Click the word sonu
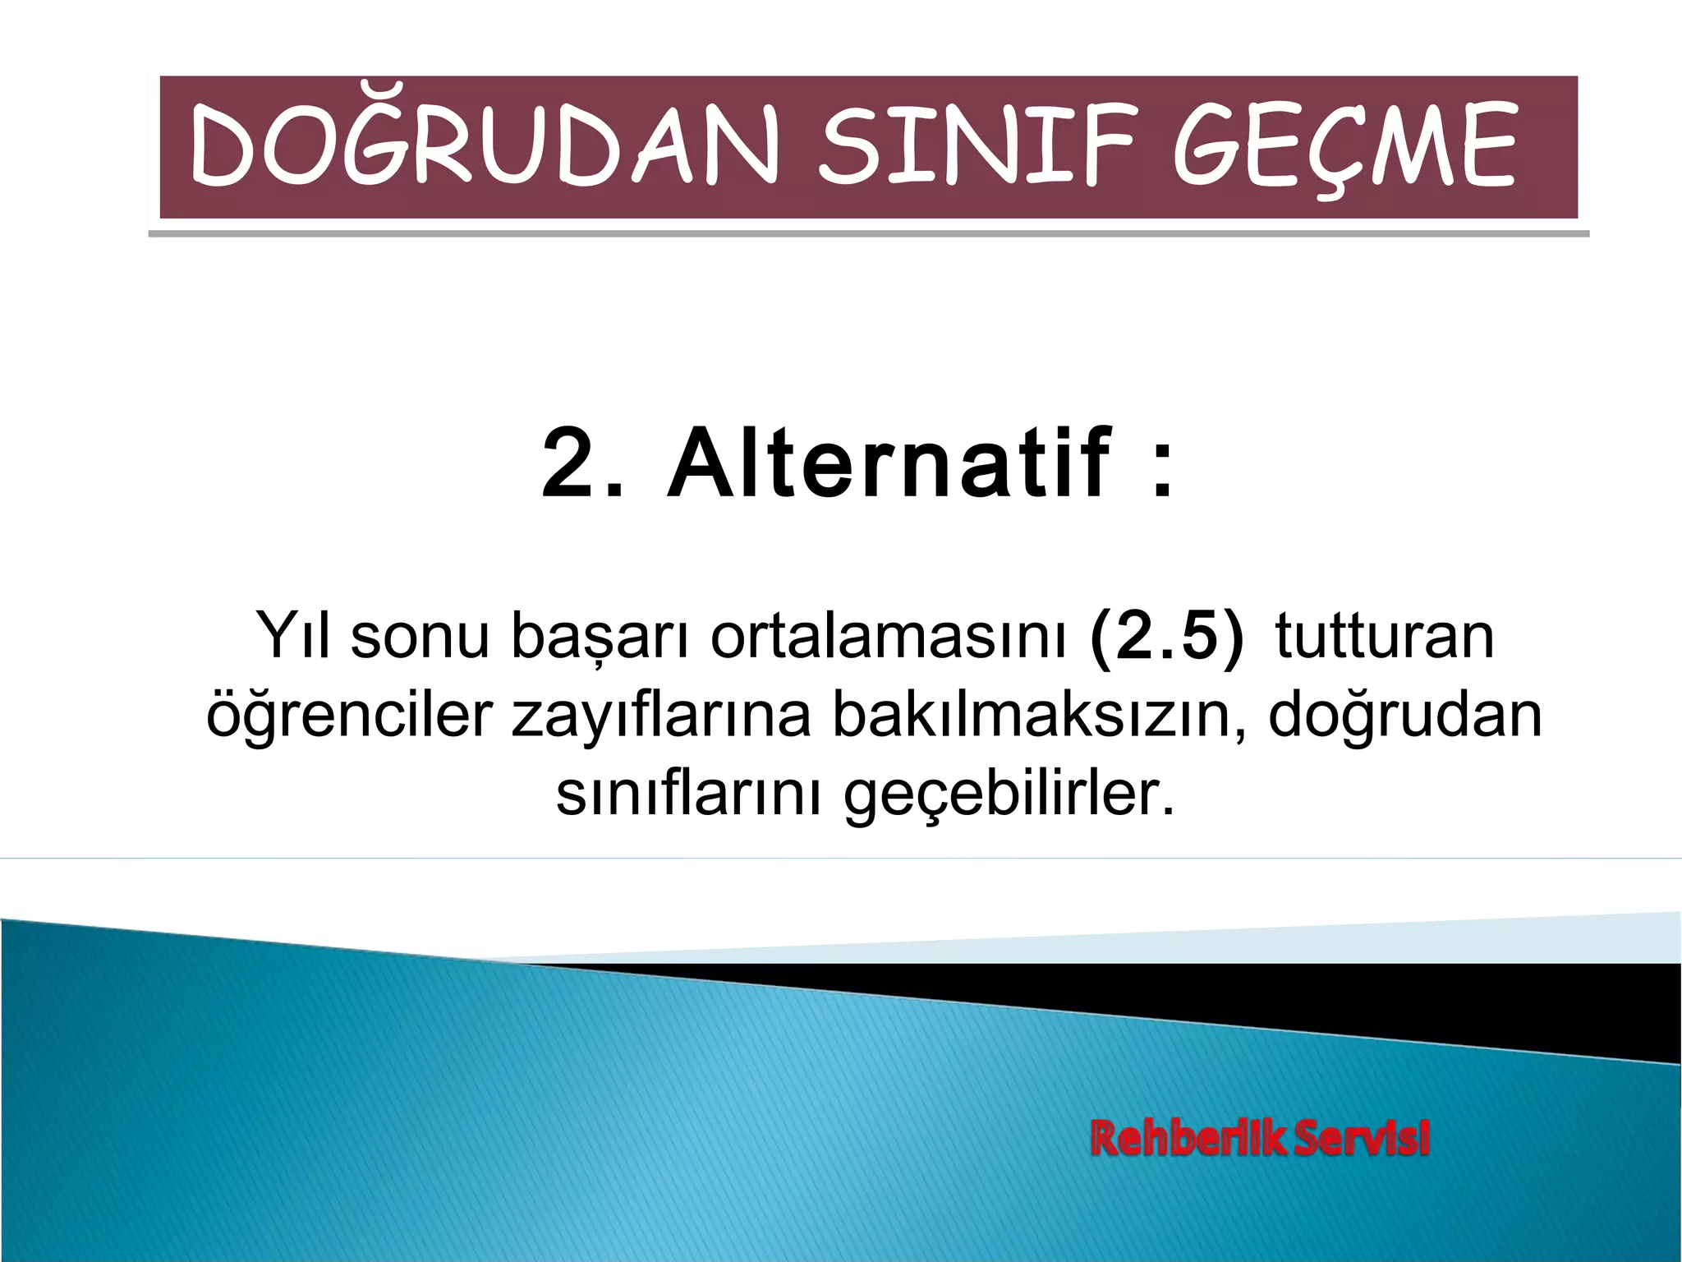pos(420,637)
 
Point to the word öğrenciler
pos(349,715)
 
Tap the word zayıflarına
pos(662,715)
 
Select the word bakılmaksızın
pos(1039,715)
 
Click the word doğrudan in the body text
pos(1405,715)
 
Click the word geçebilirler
pos(1010,795)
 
